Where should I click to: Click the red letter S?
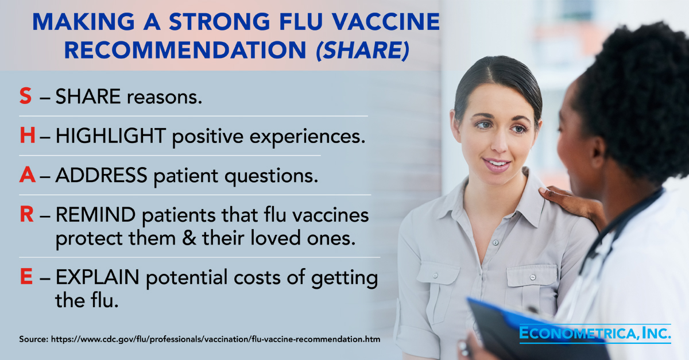tap(25, 96)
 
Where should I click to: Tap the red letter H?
tap(28, 136)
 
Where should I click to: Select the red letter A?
tap(28, 175)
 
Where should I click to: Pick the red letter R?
tap(27, 214)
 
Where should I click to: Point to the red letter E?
tap(26, 277)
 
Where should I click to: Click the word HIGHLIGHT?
tap(111, 136)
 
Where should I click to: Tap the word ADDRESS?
tap(102, 175)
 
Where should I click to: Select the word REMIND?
tap(96, 215)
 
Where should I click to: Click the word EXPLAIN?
tap(98, 277)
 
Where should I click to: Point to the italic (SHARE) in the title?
tap(363, 50)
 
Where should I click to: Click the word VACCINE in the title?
tap(386, 22)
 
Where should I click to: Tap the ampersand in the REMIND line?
tap(189, 238)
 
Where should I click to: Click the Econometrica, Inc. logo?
tap(595, 334)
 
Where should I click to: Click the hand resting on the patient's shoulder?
tap(572, 205)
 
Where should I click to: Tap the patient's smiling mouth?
tap(496, 165)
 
